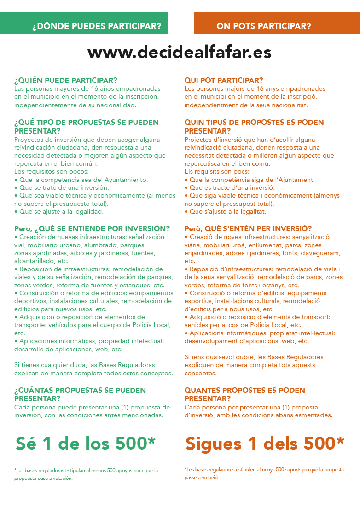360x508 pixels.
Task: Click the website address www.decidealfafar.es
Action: coord(180,53)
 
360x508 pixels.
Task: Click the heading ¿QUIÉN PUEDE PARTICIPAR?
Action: coord(66,81)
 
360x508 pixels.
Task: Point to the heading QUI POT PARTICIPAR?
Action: coord(224,81)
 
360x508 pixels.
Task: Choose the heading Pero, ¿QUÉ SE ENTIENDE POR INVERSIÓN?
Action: coord(92,228)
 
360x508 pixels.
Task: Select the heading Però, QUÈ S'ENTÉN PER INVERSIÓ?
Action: coord(248,228)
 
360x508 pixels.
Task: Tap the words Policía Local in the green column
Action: coord(149,325)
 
